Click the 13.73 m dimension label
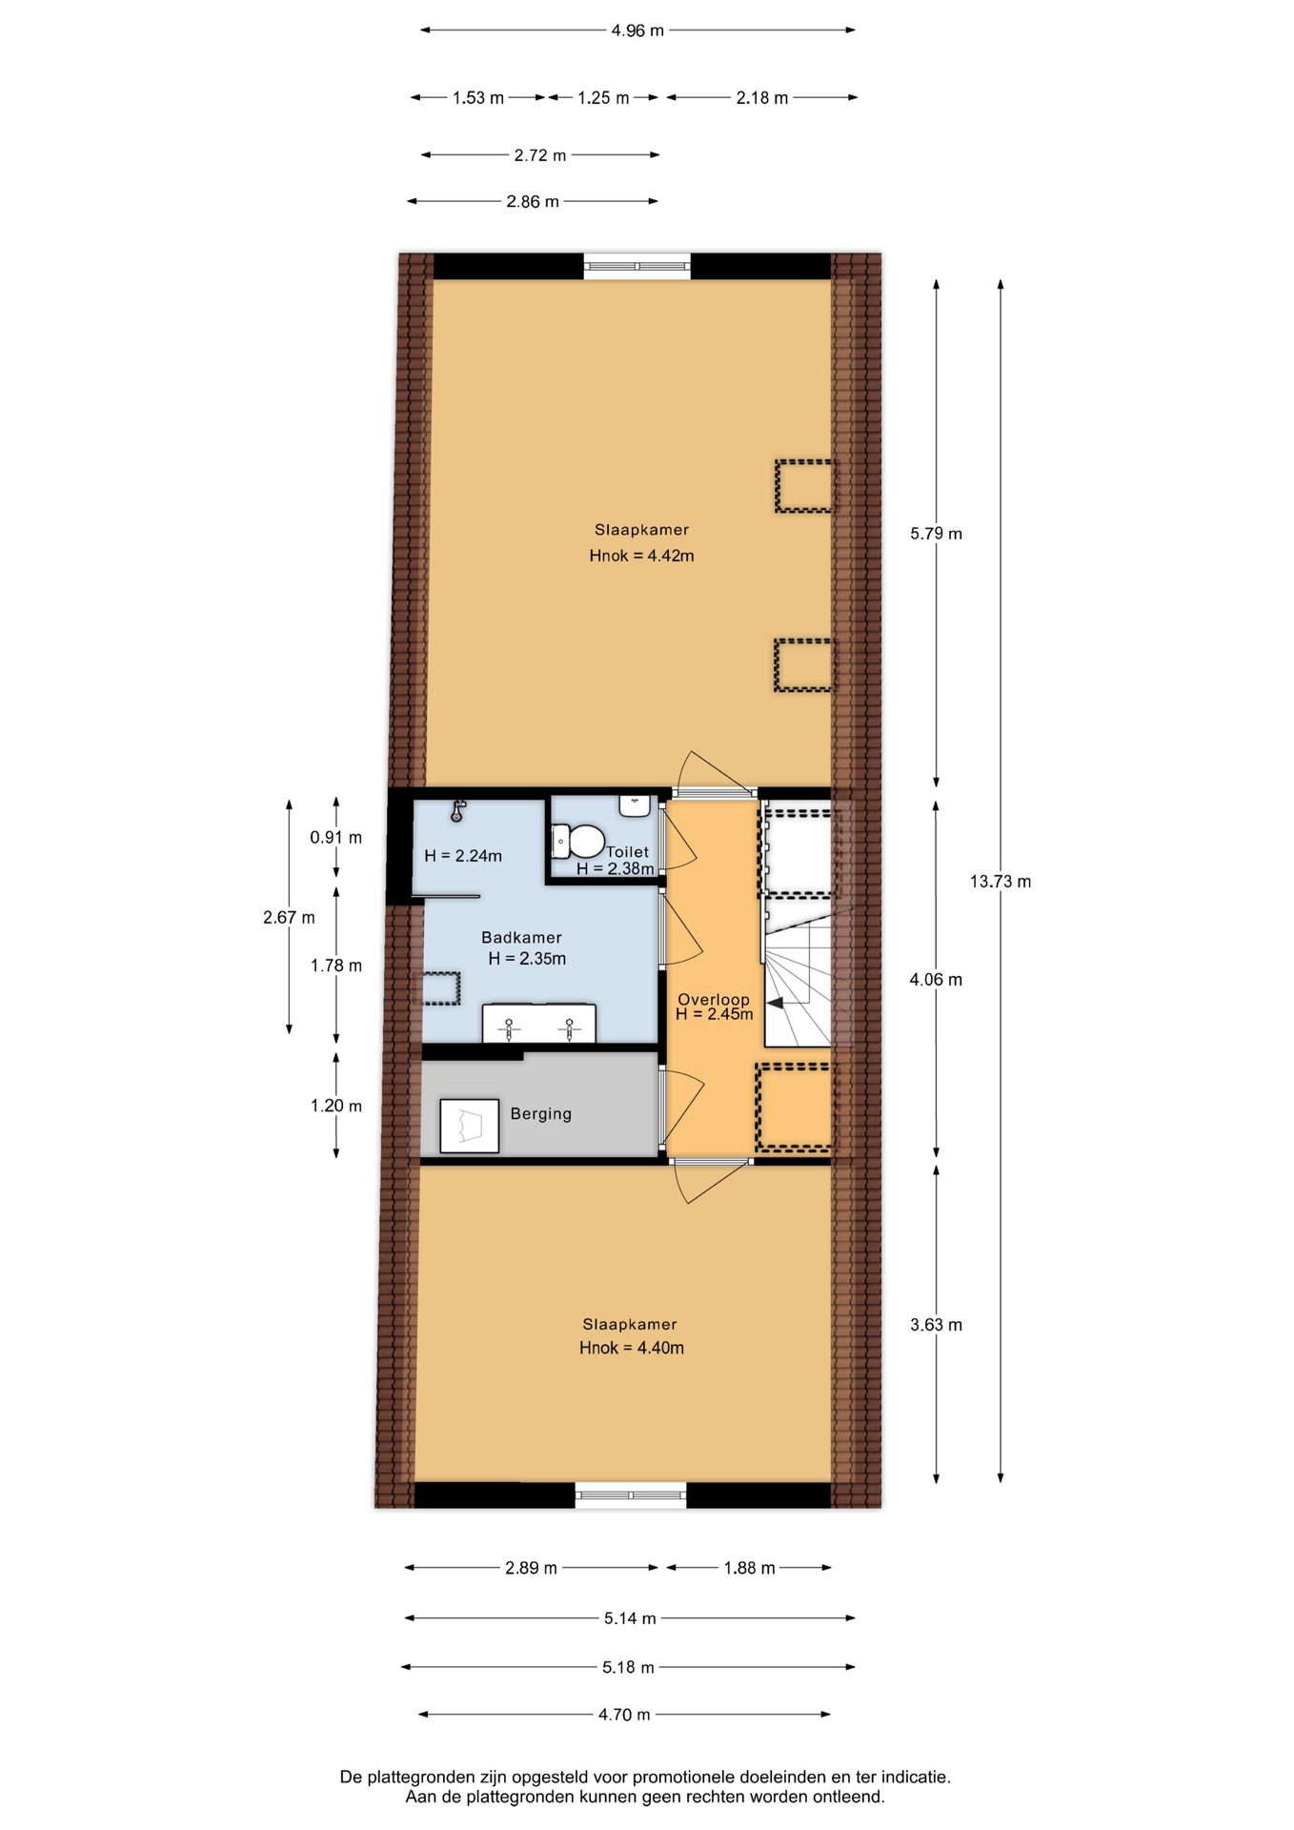(x=1000, y=882)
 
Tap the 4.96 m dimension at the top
(x=637, y=30)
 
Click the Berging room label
(x=540, y=1113)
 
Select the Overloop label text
(x=714, y=999)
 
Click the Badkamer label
(x=521, y=937)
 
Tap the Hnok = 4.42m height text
(x=641, y=556)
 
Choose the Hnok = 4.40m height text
(x=631, y=1348)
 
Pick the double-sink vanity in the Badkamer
(x=538, y=1024)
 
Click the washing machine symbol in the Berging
(x=469, y=1126)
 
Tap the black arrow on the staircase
(x=776, y=1003)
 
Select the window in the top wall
(x=637, y=266)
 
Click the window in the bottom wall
(x=630, y=1494)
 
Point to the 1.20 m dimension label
(x=335, y=1106)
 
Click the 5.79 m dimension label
(x=936, y=534)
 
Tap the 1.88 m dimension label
(x=749, y=1568)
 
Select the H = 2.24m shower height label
(x=463, y=856)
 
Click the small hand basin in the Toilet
(x=635, y=806)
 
